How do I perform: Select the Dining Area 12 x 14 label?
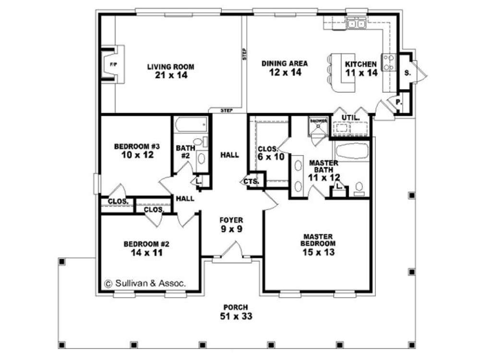[x=285, y=68]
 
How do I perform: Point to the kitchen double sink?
[x=357, y=23]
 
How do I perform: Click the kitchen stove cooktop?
[x=388, y=62]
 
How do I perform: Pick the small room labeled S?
[x=407, y=72]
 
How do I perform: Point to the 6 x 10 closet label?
[x=271, y=153]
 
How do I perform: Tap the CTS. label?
[x=251, y=181]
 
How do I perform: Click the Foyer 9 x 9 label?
[x=231, y=225]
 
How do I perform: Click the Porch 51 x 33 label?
[x=235, y=312]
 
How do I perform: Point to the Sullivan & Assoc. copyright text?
[x=144, y=283]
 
